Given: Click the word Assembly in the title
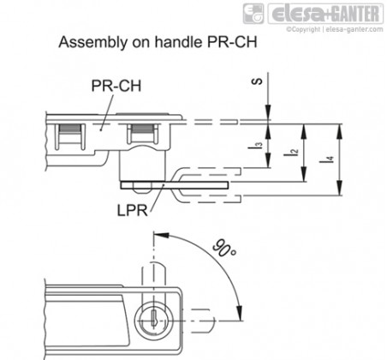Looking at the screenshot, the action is tap(93, 43).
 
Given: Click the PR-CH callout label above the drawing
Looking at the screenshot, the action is tap(116, 86).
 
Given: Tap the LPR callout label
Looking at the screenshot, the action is tap(133, 211).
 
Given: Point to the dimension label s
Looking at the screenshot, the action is tap(257, 81).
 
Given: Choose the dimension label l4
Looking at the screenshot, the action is tap(330, 159).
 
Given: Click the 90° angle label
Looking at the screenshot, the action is tap(225, 249).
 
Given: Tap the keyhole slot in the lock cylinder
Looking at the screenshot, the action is tap(154, 317).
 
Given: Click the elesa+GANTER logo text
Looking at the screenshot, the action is tap(325, 14).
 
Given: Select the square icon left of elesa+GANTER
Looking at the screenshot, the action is tap(253, 14).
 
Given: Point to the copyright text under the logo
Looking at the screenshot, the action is tap(335, 29).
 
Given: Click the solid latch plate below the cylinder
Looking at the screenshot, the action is tap(174, 185).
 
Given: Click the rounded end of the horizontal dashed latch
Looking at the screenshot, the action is tap(211, 321).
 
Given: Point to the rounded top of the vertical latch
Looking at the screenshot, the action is tap(153, 263).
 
